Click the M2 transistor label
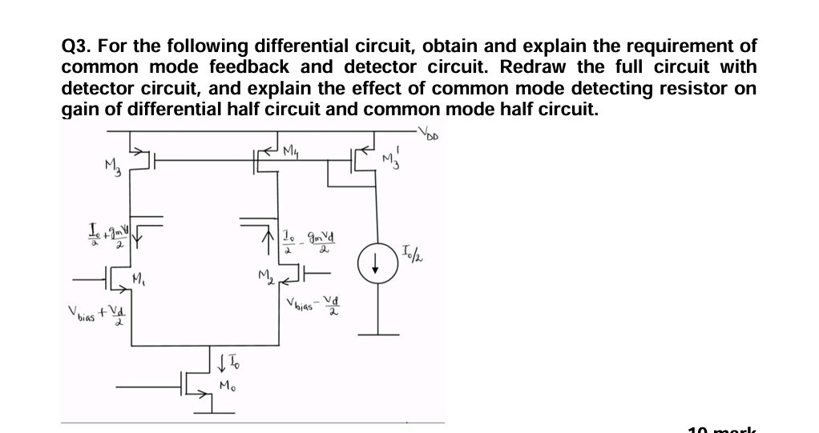coord(265,278)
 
